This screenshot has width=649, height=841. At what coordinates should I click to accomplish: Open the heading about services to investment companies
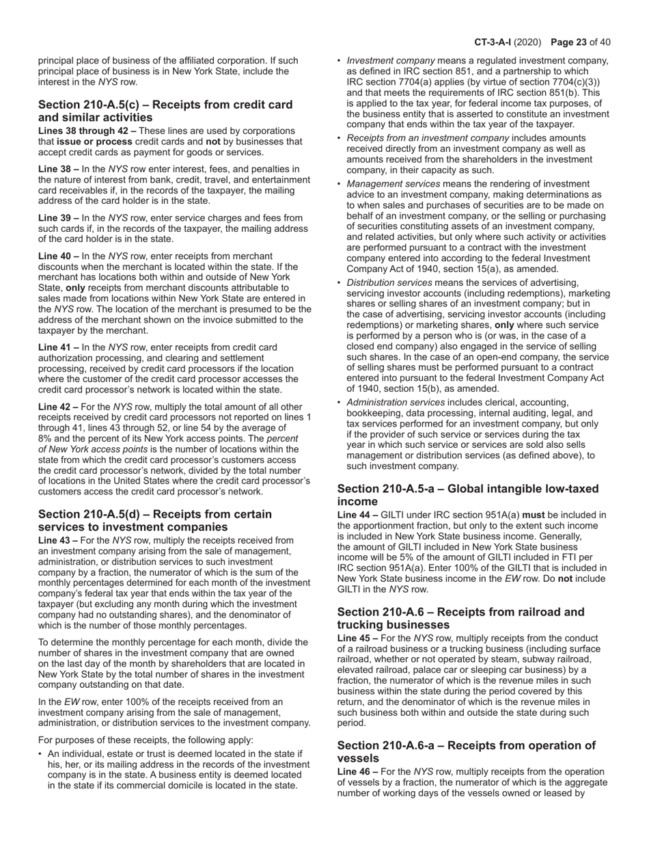coord(155,520)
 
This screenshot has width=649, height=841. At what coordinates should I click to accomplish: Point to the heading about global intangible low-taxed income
coord(468,495)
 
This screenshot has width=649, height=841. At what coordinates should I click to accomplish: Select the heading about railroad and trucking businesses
coord(461,618)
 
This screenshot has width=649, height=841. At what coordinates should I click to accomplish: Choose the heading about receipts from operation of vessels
coord(467,751)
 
